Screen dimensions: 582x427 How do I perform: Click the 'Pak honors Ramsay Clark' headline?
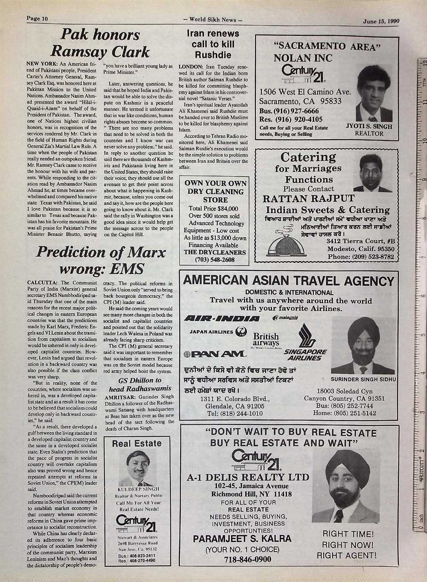(x=100, y=43)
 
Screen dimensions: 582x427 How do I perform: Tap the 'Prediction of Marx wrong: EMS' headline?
(x=101, y=260)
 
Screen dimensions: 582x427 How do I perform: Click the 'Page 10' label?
(x=37, y=18)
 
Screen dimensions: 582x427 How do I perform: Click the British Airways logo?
(x=266, y=340)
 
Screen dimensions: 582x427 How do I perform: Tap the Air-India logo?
(x=222, y=319)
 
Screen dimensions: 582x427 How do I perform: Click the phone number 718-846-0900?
(x=241, y=559)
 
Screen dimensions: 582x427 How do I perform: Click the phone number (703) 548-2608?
(x=215, y=260)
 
